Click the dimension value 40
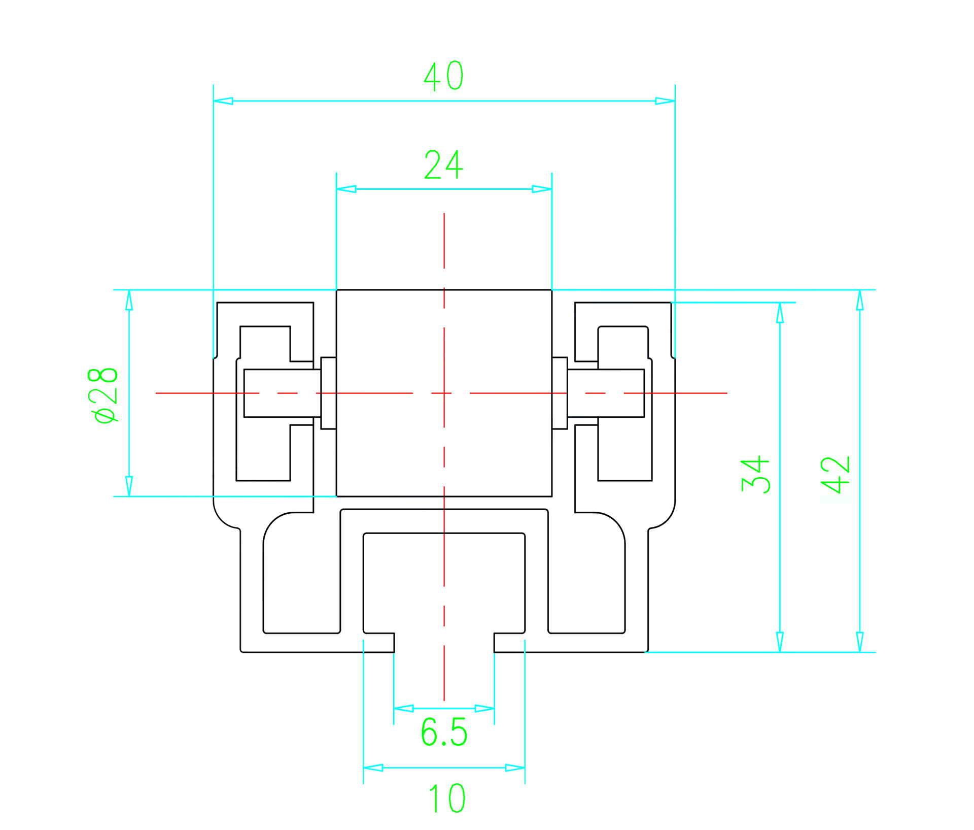pos(443,76)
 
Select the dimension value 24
pos(443,164)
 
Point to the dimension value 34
pos(755,474)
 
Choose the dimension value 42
pos(836,475)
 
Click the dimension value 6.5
pos(444,732)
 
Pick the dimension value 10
pos(447,799)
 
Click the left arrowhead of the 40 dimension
pos(223,101)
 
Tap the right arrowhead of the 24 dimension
pos(542,189)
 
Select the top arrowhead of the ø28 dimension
pos(129,300)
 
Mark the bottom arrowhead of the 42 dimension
pos(860,642)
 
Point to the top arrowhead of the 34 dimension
pos(780,313)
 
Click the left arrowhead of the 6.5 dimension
pos(404,708)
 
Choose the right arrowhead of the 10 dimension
pos(515,768)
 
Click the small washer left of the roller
pos(329,393)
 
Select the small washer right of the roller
pos(560,393)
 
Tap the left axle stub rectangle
pos(282,393)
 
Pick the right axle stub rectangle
pos(606,393)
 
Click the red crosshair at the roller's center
pos(444,393)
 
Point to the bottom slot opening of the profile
pos(444,643)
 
